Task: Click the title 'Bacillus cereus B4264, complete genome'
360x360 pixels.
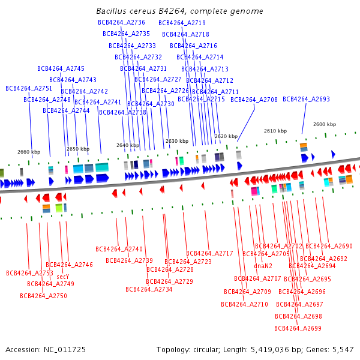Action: [x=179, y=11]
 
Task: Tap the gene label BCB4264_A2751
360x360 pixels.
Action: [x=29, y=88]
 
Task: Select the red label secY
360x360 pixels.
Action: [x=63, y=277]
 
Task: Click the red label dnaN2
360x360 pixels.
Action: [x=263, y=266]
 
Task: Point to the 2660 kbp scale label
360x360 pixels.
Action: [x=29, y=152]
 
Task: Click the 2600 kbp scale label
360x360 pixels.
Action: [x=325, y=124]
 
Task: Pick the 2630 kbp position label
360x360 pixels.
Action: [x=177, y=142]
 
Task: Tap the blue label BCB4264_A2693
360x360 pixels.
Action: [x=306, y=100]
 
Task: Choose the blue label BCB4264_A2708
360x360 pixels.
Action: [x=254, y=100]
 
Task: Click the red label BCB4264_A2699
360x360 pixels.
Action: [x=298, y=328]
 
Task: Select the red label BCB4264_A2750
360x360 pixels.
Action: [x=43, y=296]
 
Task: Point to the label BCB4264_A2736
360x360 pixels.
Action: [x=121, y=22]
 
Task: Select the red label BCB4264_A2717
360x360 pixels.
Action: [x=209, y=253]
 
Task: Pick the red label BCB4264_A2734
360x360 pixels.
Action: [x=149, y=289]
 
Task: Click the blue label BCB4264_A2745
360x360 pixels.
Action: [x=61, y=68]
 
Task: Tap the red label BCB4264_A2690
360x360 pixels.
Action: [x=329, y=246]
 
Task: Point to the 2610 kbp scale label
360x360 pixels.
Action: [x=275, y=131]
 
